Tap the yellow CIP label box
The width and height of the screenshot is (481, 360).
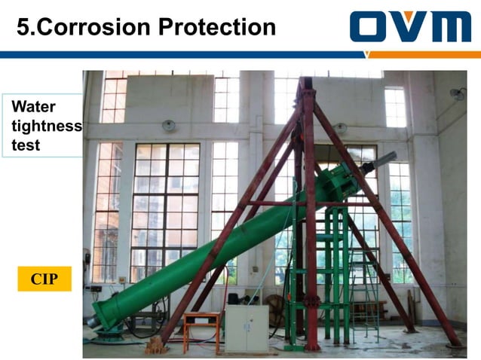pos(44,279)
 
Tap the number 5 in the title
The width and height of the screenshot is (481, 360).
pos(24,27)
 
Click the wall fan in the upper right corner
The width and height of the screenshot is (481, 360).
pos(458,93)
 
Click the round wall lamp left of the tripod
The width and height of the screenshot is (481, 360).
pos(169,125)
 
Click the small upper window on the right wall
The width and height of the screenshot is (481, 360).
pos(394,106)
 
